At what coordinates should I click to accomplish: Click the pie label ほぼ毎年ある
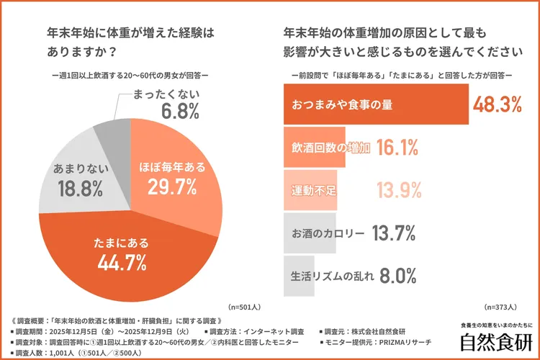coord(171,168)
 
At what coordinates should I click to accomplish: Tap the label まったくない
coord(162,94)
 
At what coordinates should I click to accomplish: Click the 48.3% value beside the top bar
coord(496,104)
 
